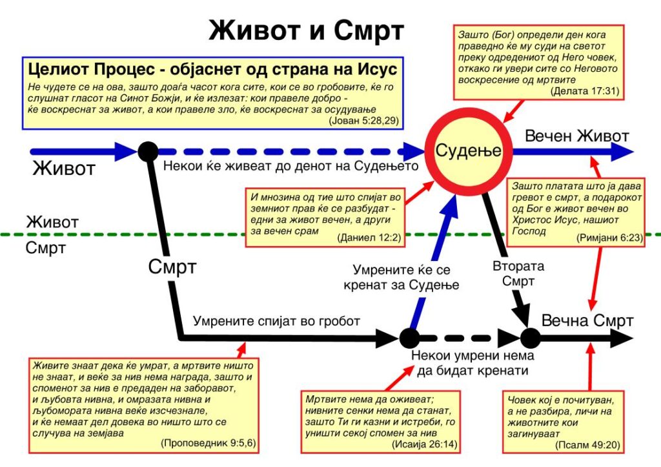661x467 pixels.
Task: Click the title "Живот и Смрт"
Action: [x=305, y=31]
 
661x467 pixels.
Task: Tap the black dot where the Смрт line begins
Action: [x=148, y=152]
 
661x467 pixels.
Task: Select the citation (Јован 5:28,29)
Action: [x=364, y=121]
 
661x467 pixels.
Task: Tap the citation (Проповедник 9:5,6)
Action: [x=201, y=444]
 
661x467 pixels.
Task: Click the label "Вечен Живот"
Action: [x=576, y=136]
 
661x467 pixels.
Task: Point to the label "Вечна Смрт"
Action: [x=587, y=321]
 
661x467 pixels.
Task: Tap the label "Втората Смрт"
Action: [x=518, y=273]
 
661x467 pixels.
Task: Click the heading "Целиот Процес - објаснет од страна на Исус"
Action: [x=211, y=70]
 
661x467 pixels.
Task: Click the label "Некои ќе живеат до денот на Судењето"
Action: [x=292, y=167]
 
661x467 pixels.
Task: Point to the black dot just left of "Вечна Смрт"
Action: [x=529, y=337]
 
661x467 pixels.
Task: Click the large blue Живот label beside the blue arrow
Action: [x=64, y=169]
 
